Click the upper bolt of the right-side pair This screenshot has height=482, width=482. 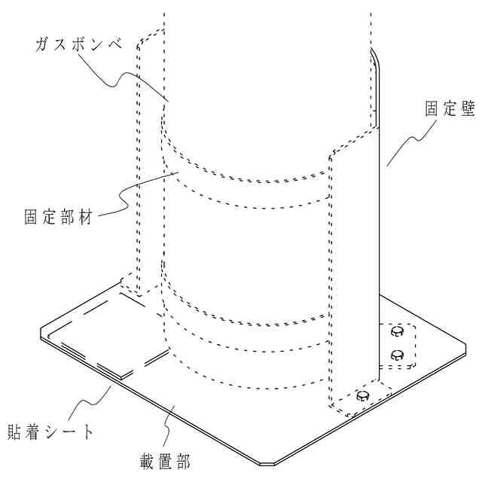[x=397, y=331]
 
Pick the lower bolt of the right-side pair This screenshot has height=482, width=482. [x=397, y=354]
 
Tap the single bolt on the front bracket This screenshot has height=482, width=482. [x=364, y=396]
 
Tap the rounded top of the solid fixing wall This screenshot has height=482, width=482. [x=376, y=56]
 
